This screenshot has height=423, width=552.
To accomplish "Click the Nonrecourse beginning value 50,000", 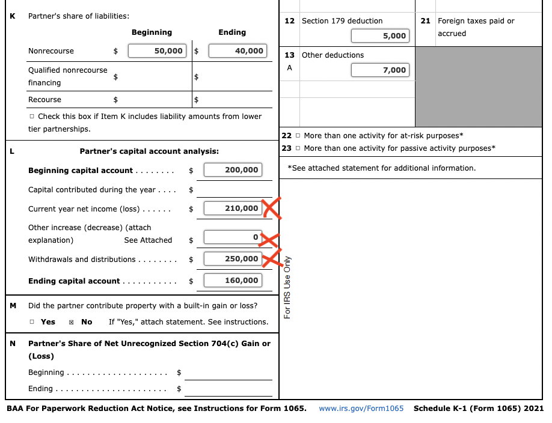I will coord(158,51).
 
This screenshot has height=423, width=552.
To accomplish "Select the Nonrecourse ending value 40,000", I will coord(238,51).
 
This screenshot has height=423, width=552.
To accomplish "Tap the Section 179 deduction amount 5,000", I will coord(380,36).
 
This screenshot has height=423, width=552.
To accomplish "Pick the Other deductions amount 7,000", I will coord(380,70).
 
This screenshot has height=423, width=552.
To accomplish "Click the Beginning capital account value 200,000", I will coord(233,170).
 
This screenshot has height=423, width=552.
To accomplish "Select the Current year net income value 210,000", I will coord(233,208).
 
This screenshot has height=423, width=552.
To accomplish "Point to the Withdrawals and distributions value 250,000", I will coord(233,259).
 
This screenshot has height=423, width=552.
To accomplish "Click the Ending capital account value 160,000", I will coord(233,281).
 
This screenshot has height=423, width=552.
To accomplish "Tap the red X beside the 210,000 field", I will coord(271,210).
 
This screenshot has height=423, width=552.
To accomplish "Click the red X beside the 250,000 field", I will coord(272,258).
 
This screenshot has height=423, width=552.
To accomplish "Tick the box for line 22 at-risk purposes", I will coord(298,136).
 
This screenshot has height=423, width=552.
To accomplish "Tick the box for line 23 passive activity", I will coord(298,148).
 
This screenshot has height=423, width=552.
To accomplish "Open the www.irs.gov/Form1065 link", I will coord(361,409).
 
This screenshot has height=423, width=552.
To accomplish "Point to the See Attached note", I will coord(148,240).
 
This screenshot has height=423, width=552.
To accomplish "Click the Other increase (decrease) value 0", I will coord(233,237).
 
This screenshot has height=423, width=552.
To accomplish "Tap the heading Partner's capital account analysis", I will coord(149,151).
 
